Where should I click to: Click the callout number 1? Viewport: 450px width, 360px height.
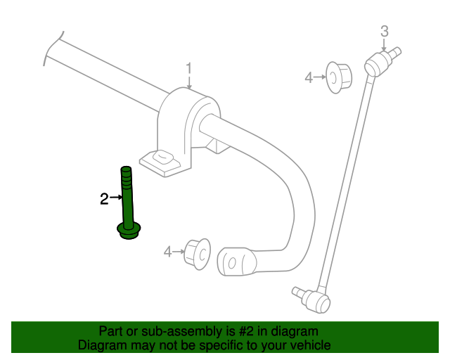tap(188, 69)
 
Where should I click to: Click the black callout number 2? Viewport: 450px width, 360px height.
tap(104, 199)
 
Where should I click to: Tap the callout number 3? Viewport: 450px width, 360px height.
tap(385, 32)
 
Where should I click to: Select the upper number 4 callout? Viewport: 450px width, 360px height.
tap(309, 77)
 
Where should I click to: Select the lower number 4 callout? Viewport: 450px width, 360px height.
tap(167, 252)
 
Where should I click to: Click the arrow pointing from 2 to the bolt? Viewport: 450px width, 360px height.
tap(116, 197)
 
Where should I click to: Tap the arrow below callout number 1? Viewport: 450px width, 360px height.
tap(189, 83)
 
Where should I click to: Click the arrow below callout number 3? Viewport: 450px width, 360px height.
tap(385, 45)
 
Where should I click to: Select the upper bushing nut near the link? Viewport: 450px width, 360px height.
tap(339, 77)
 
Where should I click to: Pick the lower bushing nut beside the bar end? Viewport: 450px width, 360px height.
tap(197, 254)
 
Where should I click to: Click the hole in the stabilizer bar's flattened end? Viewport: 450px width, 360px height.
tap(232, 262)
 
